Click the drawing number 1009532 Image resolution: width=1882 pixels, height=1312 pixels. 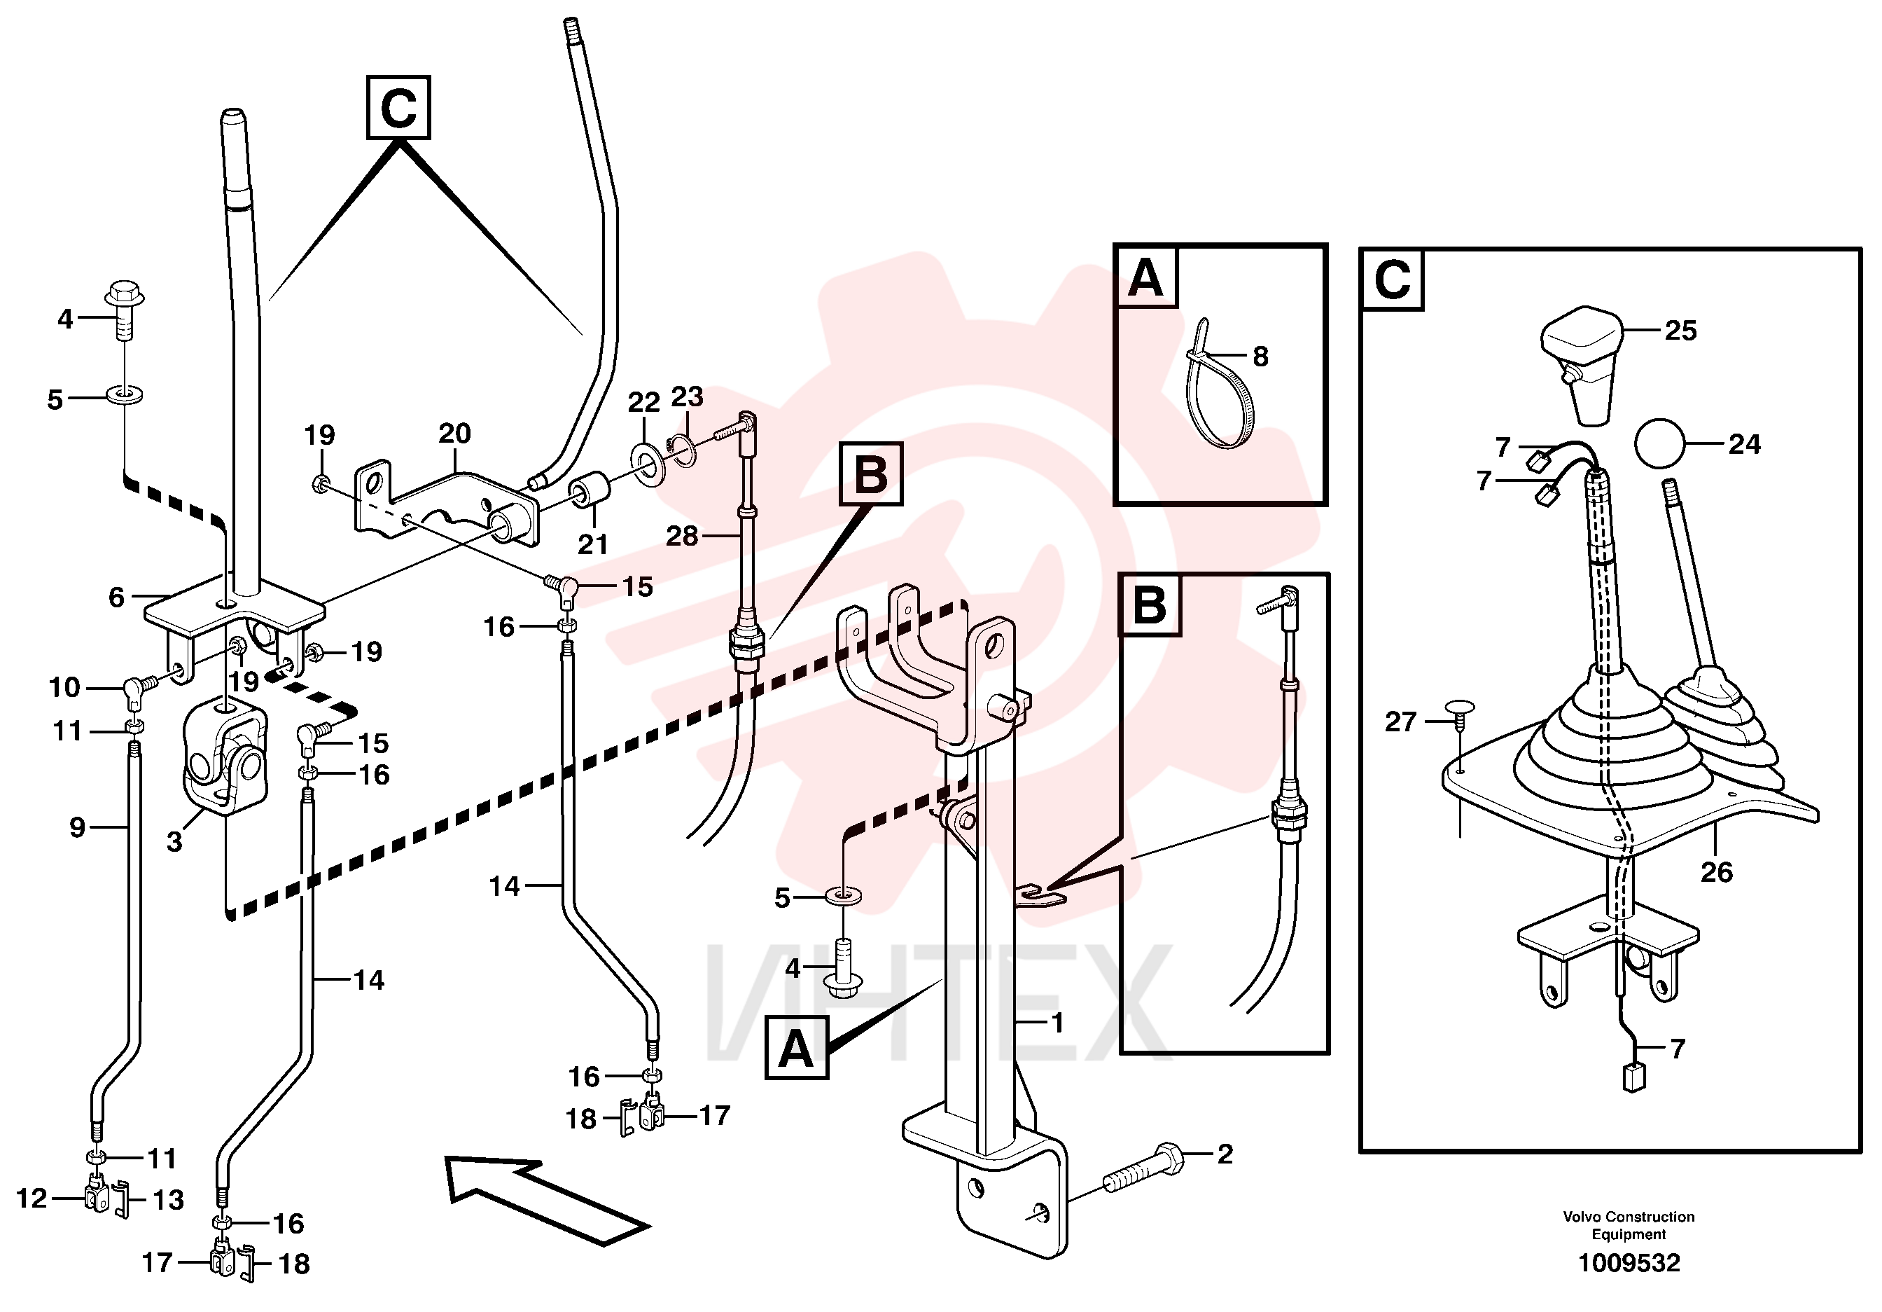(1629, 1263)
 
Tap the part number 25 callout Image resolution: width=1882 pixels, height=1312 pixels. (1680, 331)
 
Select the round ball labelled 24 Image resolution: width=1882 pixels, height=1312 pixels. (1659, 443)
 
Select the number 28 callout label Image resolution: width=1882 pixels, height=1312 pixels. (681, 537)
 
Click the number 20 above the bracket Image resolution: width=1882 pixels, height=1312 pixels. (454, 433)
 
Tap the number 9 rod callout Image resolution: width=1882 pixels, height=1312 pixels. (77, 827)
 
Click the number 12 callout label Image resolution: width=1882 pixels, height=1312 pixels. (32, 1198)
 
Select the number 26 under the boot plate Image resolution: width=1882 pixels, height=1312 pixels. (1717, 871)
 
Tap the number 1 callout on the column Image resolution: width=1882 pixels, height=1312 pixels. (1057, 1023)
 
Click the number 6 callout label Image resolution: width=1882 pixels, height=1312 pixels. (116, 597)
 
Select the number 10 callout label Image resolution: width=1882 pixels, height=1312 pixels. (64, 687)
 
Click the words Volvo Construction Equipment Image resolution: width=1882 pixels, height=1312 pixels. (1629, 1225)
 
